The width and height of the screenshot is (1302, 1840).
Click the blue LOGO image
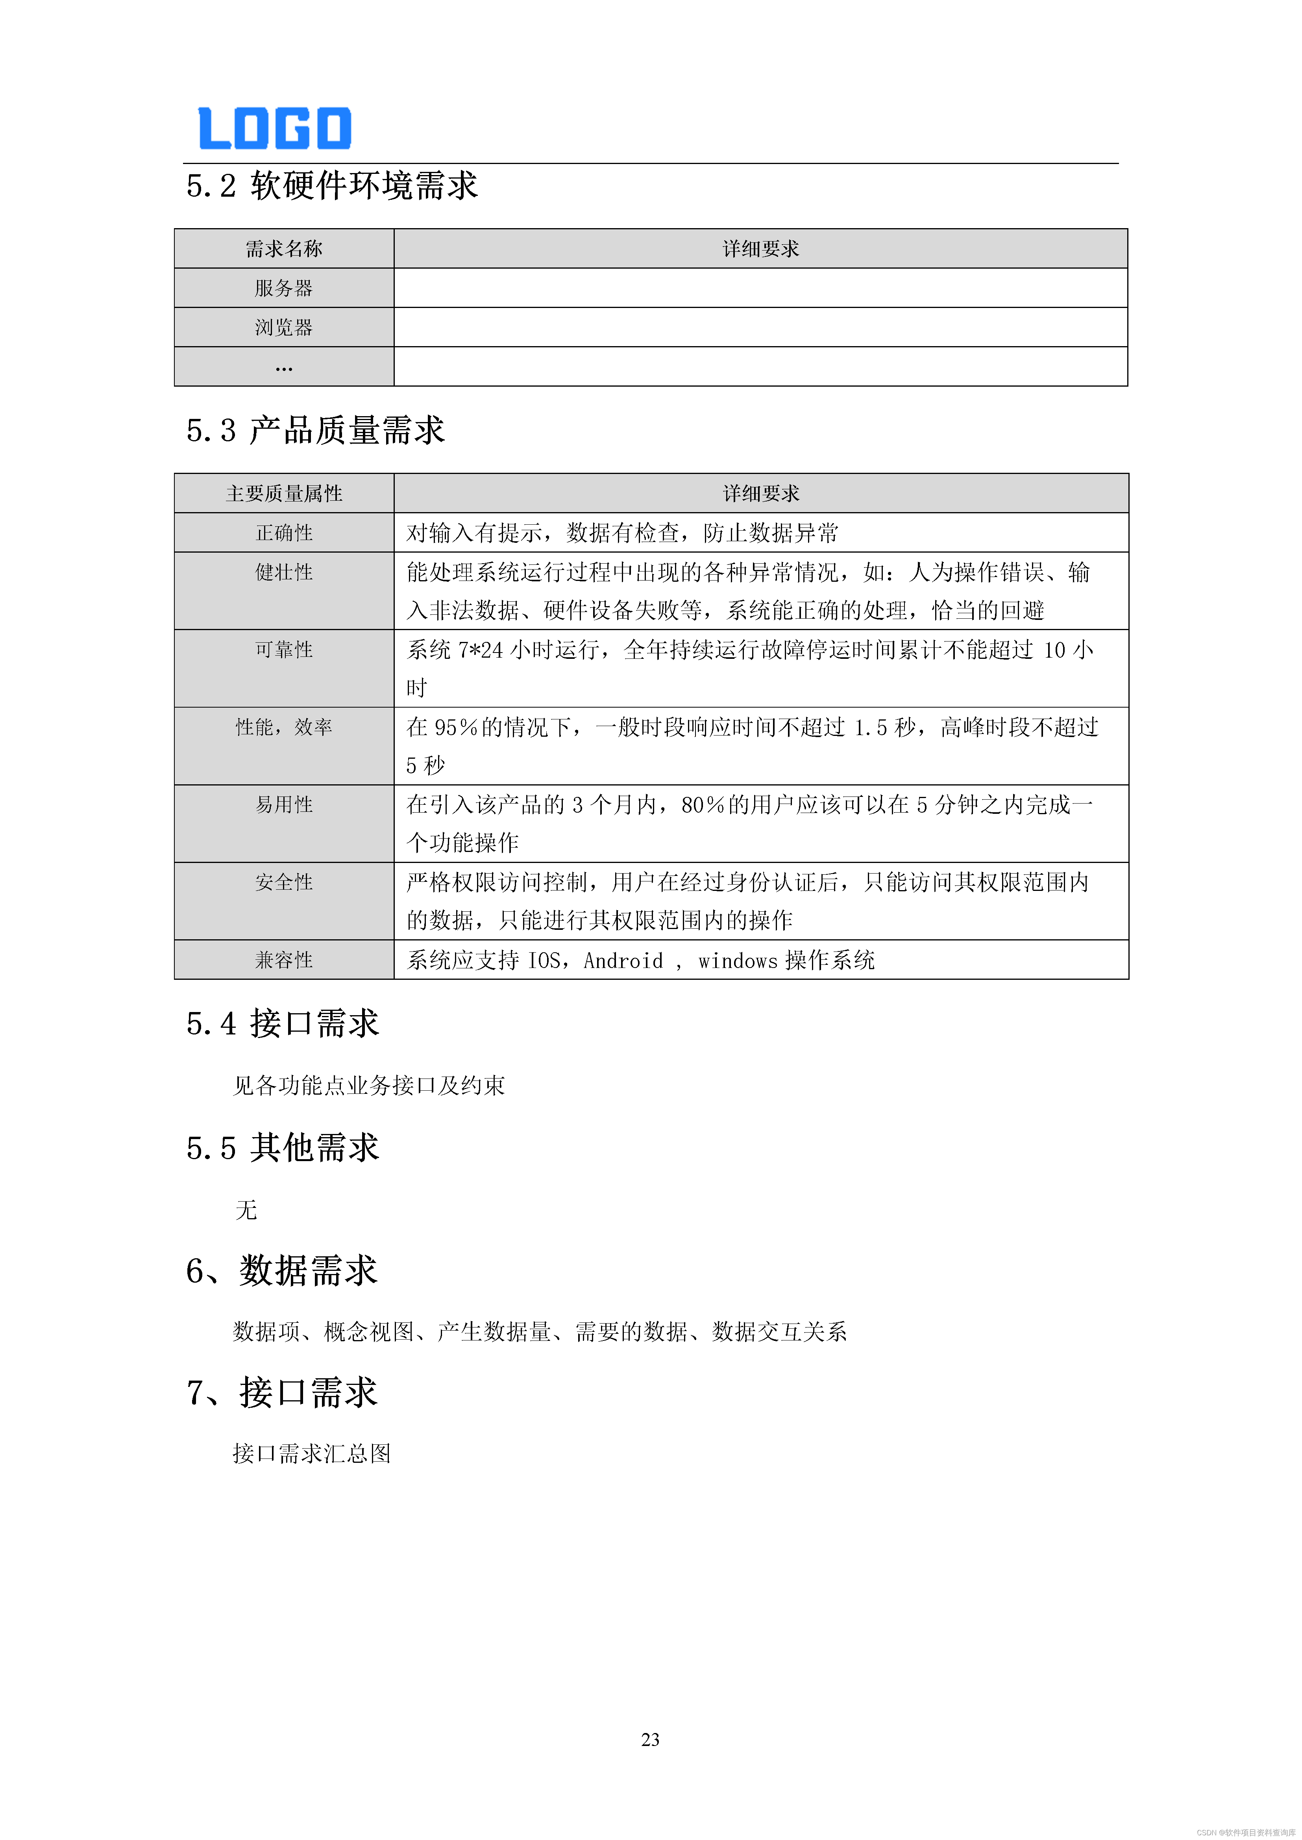point(274,128)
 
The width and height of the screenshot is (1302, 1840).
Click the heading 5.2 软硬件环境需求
point(332,186)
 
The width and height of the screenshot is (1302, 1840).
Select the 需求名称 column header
point(284,249)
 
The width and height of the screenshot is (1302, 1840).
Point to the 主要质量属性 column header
point(284,494)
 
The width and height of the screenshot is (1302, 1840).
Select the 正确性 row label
point(284,533)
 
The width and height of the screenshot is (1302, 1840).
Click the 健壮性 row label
point(284,572)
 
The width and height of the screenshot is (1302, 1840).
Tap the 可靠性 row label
point(284,650)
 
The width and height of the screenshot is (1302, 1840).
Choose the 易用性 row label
point(284,805)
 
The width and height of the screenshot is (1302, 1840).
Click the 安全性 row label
point(284,882)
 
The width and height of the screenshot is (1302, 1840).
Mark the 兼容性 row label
point(284,960)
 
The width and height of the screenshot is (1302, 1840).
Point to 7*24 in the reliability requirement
point(480,650)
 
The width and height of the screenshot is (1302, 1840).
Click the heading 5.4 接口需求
point(282,1024)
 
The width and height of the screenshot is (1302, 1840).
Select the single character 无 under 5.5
point(246,1210)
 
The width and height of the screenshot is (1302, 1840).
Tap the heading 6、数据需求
point(281,1271)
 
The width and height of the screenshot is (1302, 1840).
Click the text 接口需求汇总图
point(312,1454)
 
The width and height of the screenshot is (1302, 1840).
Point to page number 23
point(650,1740)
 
